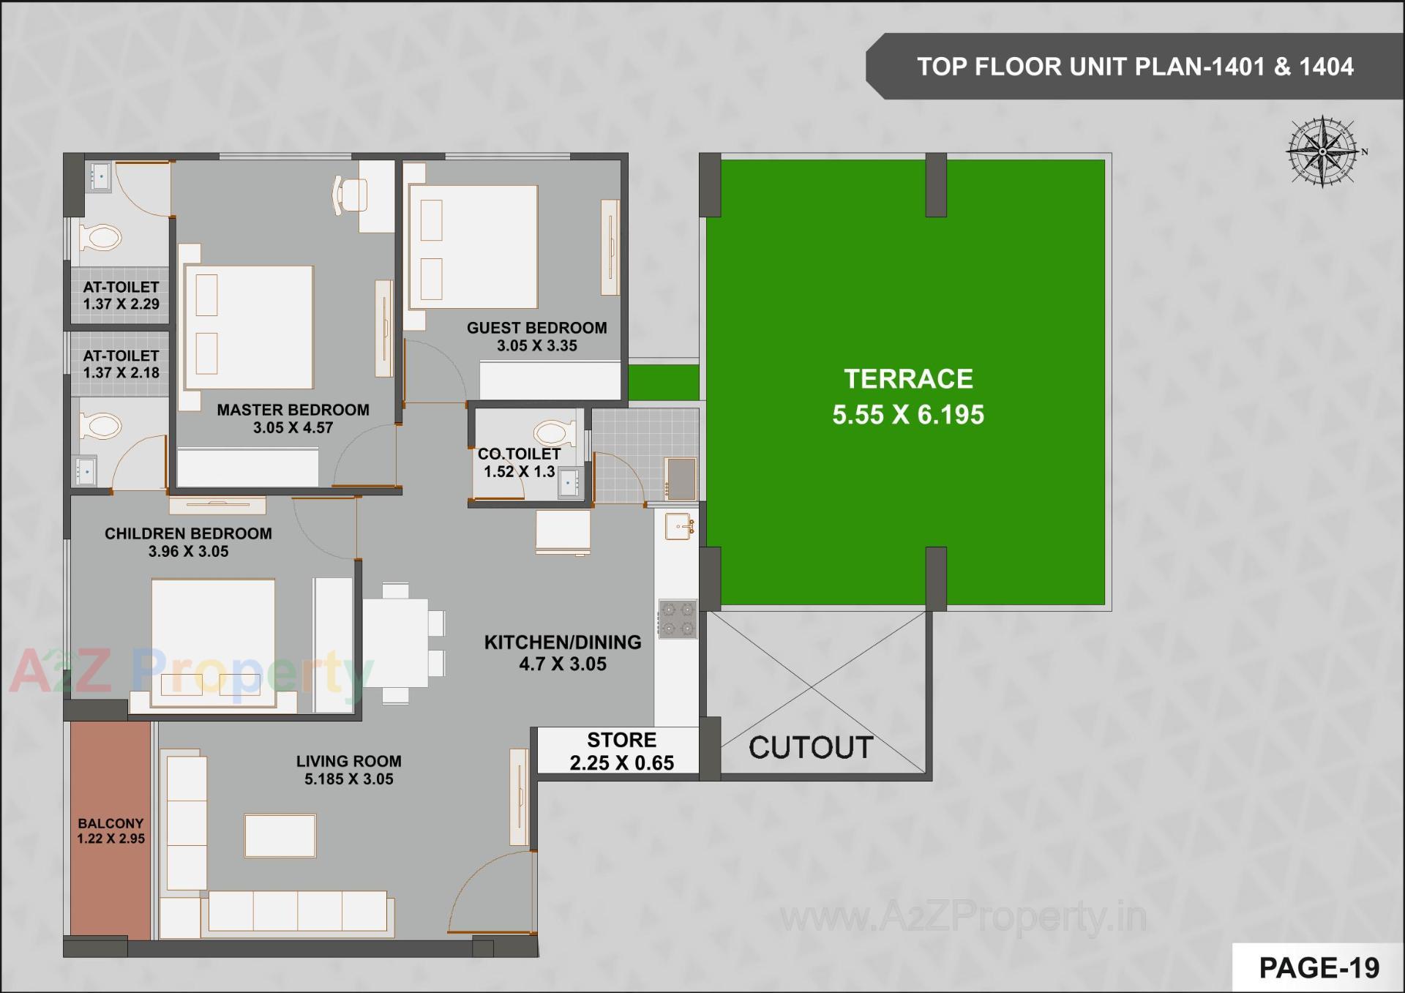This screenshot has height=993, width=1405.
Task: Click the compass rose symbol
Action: [1323, 151]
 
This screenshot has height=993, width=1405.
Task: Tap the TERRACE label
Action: [908, 379]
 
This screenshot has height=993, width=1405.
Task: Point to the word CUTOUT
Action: [811, 748]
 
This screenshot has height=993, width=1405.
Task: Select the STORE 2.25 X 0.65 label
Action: [621, 752]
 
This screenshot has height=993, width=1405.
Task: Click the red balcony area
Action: [110, 831]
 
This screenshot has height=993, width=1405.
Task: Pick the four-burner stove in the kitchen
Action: [678, 619]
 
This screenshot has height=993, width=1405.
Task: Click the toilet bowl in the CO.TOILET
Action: [555, 433]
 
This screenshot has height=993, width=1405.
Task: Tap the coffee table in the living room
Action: [280, 835]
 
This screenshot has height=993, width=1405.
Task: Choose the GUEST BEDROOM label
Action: [536, 328]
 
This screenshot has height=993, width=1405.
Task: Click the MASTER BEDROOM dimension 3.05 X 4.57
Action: [293, 428]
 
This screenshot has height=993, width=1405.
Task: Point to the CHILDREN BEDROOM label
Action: [188, 533]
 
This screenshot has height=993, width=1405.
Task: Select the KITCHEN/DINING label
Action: [562, 642]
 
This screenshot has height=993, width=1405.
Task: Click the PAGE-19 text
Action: [1319, 968]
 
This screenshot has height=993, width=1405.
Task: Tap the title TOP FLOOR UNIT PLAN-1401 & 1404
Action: [1135, 67]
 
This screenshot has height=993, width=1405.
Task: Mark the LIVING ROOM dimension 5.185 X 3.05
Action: [349, 779]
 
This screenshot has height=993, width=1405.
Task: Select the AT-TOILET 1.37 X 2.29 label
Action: [121, 296]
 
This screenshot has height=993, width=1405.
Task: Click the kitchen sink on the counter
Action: [678, 526]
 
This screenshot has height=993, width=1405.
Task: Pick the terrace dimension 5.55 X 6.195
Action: [908, 415]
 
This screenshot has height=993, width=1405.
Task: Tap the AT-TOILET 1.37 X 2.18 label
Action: [121, 364]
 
